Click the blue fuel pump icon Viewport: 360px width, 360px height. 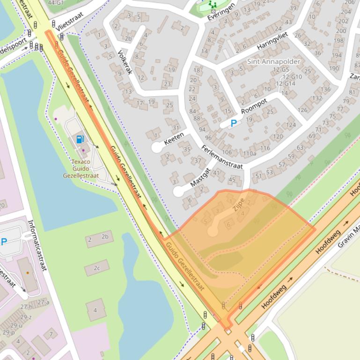80,138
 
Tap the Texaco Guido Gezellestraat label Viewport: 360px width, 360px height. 81,169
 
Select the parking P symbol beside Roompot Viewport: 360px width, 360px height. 233,124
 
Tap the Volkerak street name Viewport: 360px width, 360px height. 125,63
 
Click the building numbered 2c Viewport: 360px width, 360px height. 97,268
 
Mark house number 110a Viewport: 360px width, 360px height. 250,153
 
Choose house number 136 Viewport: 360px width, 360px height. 326,89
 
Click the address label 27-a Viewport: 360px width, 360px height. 44,302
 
